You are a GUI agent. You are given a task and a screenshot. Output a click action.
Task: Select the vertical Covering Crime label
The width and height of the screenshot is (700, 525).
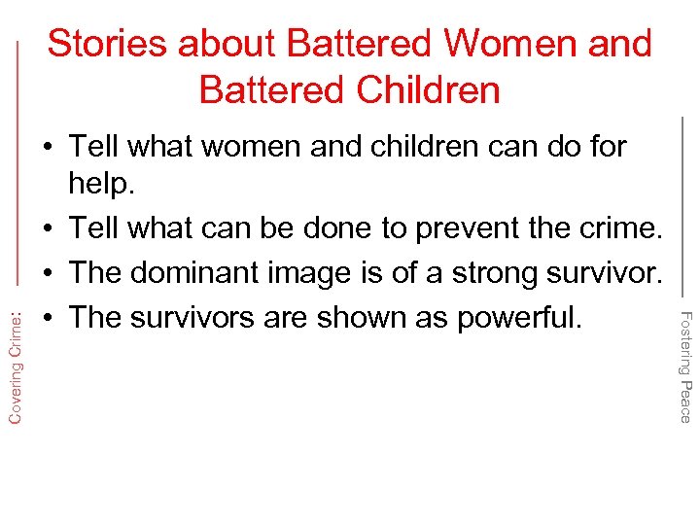(x=17, y=361)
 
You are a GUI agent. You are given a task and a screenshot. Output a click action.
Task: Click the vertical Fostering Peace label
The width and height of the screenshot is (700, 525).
(x=684, y=366)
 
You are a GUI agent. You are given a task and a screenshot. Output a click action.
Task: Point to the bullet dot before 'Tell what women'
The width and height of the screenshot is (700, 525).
(x=46, y=148)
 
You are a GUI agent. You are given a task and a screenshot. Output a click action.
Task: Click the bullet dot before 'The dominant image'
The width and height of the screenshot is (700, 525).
(x=46, y=273)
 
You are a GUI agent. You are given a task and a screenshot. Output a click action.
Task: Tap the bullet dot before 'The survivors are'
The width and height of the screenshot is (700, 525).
(x=46, y=317)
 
